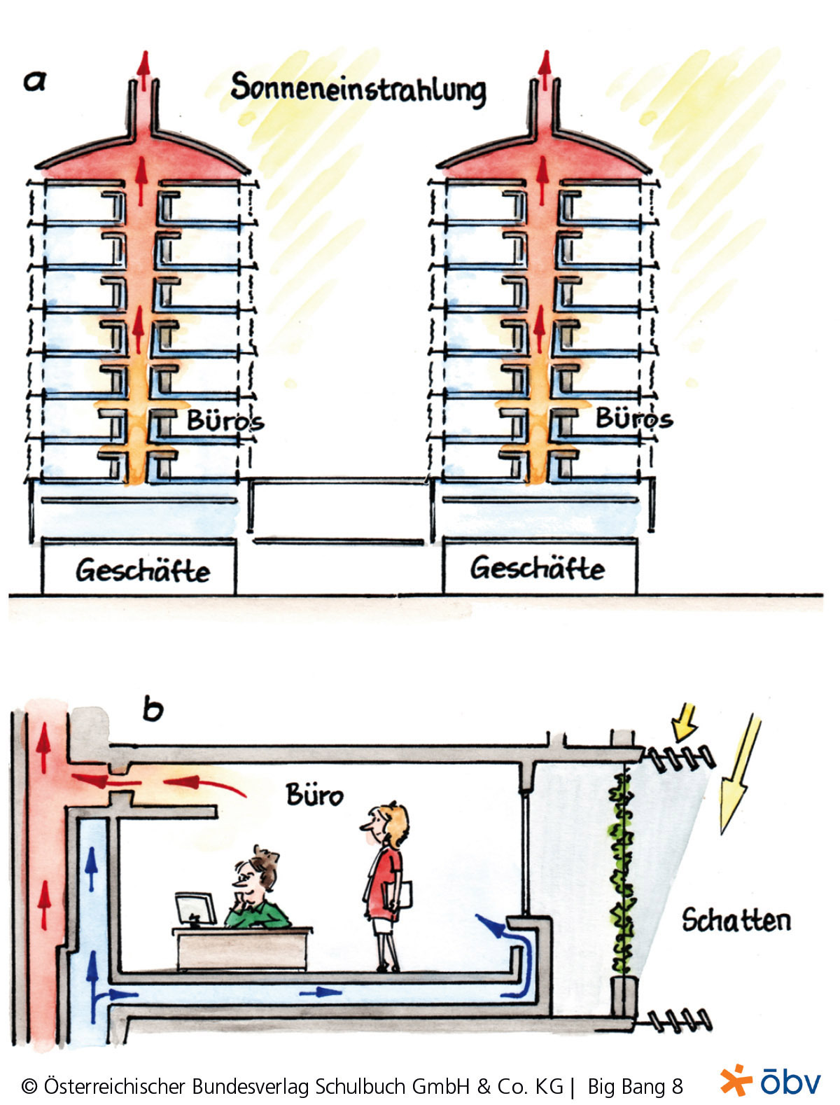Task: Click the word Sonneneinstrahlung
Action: (x=358, y=90)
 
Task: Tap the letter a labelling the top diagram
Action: (x=34, y=81)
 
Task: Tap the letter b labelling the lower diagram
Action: (x=153, y=709)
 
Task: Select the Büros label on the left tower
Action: (x=225, y=421)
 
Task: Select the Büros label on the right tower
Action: (x=633, y=418)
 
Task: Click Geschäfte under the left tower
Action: (x=143, y=570)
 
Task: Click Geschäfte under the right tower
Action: (x=537, y=567)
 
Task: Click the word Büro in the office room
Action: (x=314, y=795)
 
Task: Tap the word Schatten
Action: (x=736, y=920)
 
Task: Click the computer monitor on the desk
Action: (x=194, y=909)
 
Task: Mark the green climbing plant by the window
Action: (x=621, y=875)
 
